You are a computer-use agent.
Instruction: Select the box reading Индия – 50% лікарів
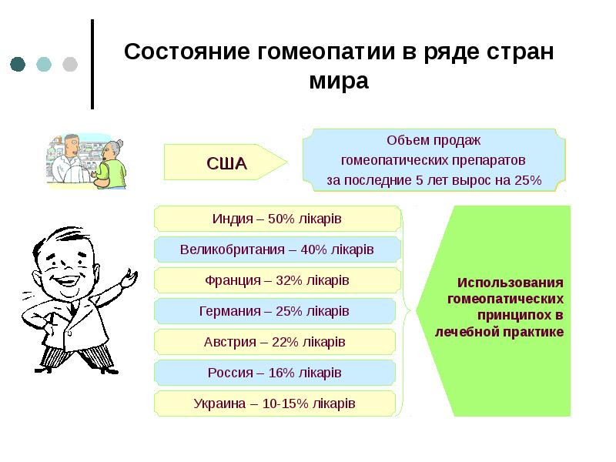click(276, 219)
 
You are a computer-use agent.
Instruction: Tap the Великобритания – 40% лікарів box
click(276, 249)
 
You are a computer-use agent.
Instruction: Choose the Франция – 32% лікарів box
click(276, 280)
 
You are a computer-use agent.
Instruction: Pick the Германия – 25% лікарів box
click(276, 311)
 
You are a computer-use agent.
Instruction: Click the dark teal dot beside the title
click(18, 64)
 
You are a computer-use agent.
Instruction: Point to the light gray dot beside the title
click(69, 64)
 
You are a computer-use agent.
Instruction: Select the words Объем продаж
click(433, 141)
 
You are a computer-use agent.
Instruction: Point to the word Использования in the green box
click(510, 283)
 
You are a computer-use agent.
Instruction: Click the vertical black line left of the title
click(93, 64)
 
